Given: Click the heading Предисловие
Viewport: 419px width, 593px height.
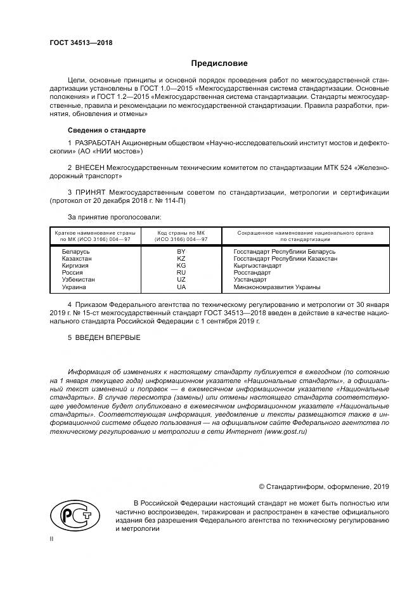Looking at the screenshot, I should tap(219, 63).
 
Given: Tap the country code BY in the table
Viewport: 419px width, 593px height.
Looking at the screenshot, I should tap(181, 252).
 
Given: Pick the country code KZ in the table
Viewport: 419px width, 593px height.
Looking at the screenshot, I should tap(181, 259).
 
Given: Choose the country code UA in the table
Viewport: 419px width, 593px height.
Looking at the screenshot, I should tap(181, 287).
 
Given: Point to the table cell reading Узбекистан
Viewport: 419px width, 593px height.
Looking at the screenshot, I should tap(79, 280).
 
